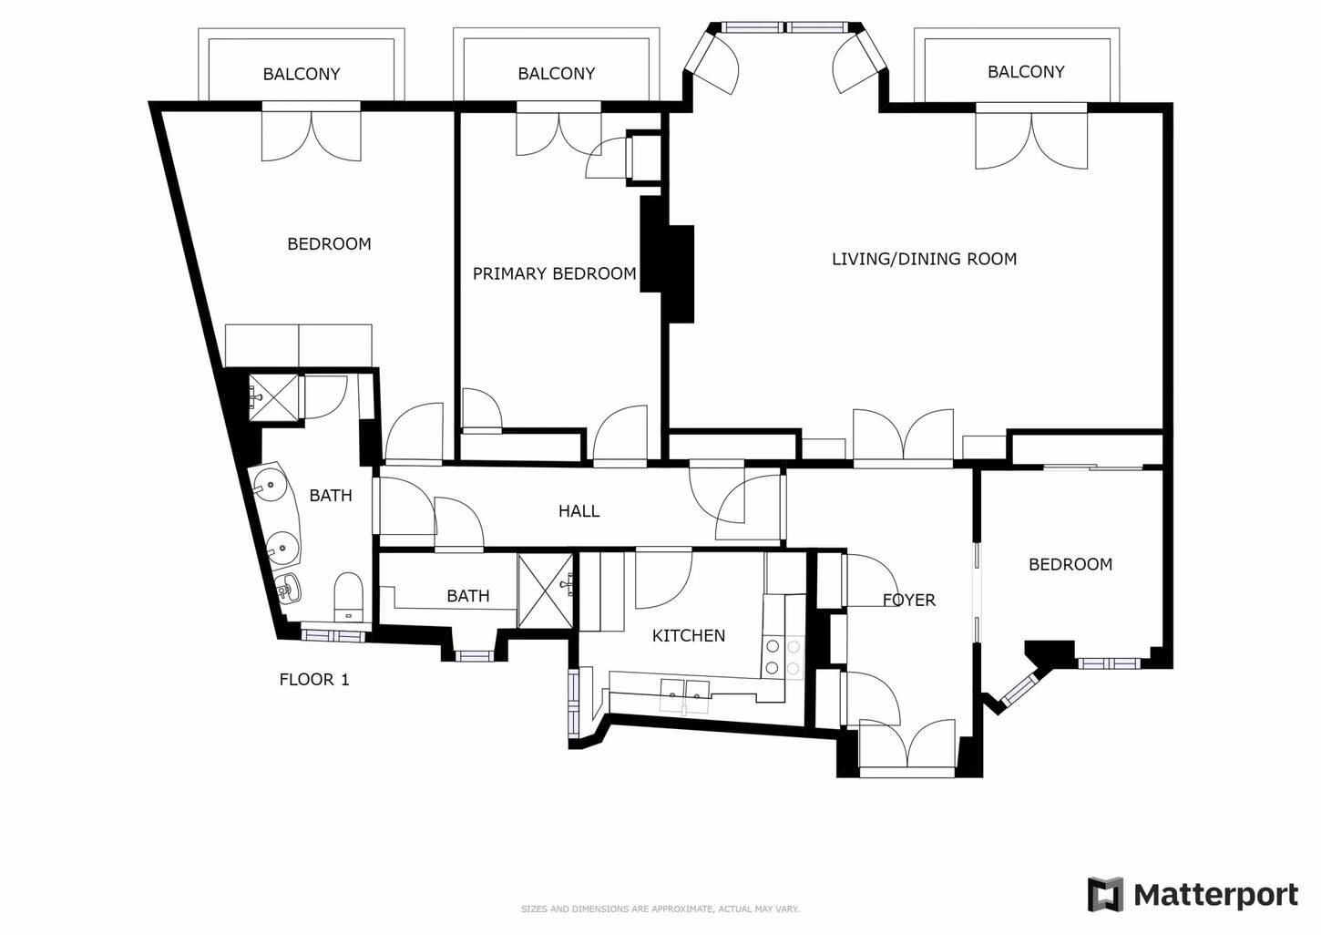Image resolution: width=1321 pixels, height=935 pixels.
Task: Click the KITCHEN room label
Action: [688, 635]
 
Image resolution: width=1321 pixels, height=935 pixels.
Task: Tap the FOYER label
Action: [909, 600]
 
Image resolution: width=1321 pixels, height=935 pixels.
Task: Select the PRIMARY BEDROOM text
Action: [554, 273]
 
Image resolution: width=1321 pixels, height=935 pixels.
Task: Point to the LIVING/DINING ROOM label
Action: [924, 259]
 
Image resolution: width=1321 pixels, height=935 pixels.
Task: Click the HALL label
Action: [579, 511]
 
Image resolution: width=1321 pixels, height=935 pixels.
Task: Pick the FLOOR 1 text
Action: [314, 680]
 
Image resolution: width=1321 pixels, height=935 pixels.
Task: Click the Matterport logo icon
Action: [1105, 894]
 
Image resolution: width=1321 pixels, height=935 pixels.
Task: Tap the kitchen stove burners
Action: [783, 657]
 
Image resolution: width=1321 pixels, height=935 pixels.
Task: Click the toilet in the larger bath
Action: [348, 596]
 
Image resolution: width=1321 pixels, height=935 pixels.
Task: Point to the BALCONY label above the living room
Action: [1026, 72]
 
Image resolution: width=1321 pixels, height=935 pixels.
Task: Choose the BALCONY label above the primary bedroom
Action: [556, 74]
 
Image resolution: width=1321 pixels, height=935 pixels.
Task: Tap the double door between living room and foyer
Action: [903, 436]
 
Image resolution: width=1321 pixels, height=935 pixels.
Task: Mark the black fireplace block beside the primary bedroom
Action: [667, 260]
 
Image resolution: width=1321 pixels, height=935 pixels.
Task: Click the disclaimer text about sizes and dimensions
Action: [660, 909]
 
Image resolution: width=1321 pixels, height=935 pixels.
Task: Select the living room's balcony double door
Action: [1031, 138]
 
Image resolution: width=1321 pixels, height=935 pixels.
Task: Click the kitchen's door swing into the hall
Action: [663, 579]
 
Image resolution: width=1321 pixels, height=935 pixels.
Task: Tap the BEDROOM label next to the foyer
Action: [1070, 564]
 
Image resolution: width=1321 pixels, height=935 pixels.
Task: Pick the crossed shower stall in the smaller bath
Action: [546, 591]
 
